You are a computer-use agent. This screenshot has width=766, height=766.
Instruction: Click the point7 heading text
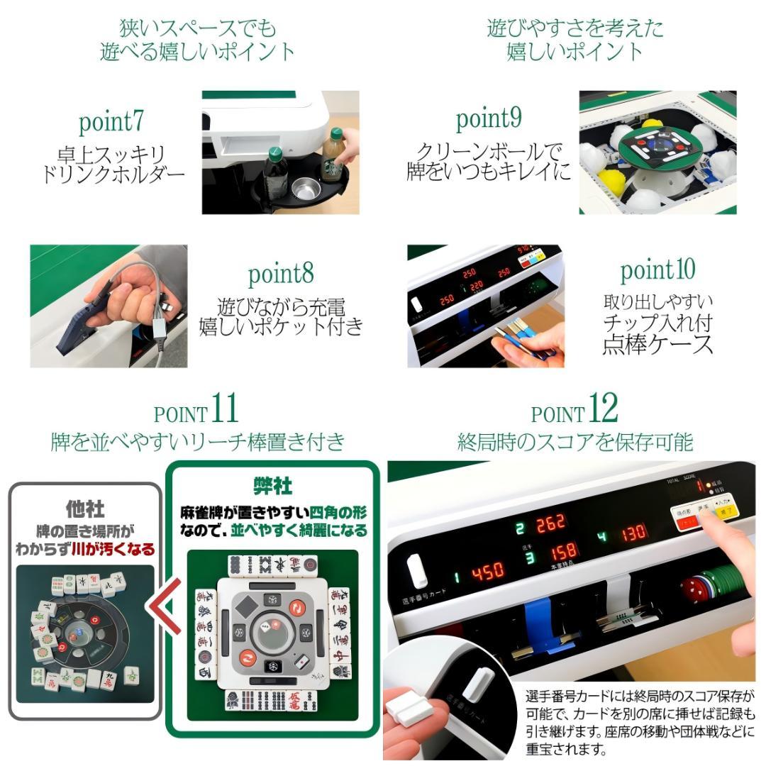point(111,123)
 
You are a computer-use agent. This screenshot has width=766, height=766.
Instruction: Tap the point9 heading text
point(489,119)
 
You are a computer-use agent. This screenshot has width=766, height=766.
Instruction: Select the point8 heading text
point(281,274)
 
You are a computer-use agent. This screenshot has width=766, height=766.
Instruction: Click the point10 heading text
point(657,270)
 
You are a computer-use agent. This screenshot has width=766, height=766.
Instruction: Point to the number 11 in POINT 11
point(224,409)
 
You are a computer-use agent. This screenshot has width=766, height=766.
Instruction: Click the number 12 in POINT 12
point(603,409)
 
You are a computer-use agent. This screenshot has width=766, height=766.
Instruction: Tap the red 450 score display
point(487,570)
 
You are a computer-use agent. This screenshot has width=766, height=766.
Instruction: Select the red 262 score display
point(550,525)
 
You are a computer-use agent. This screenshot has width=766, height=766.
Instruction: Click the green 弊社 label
point(272,486)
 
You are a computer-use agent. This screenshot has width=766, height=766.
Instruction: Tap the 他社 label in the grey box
point(85,509)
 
